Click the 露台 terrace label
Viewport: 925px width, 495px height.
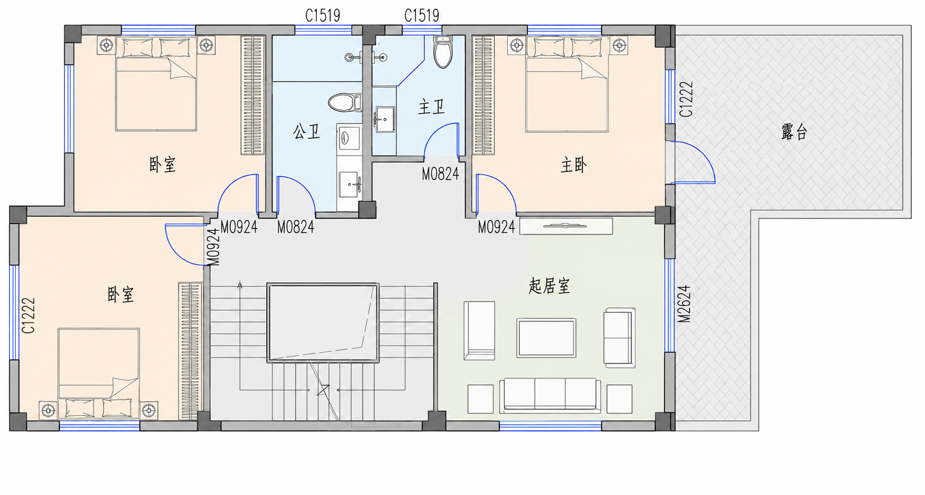point(794,132)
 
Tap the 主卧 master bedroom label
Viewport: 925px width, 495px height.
point(574,165)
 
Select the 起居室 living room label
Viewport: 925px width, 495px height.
point(549,286)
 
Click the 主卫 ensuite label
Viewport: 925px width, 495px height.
point(432,107)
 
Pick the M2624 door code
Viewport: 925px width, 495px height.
point(684,304)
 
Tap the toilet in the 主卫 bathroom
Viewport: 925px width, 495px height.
point(443,52)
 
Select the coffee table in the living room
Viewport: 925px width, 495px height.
point(546,338)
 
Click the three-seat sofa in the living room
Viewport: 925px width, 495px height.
point(550,396)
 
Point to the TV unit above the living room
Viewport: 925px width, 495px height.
point(566,226)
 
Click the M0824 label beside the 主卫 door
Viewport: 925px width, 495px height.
point(440,174)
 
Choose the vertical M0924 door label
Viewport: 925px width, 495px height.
point(213,247)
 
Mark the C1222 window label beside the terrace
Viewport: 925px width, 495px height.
point(686,99)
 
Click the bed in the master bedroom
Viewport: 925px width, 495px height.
point(567,85)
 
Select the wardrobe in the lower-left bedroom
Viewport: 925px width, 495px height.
point(190,351)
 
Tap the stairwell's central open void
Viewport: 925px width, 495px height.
point(323,322)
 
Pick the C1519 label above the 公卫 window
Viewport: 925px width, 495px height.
point(323,16)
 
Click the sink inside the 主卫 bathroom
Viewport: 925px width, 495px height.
point(385,119)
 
